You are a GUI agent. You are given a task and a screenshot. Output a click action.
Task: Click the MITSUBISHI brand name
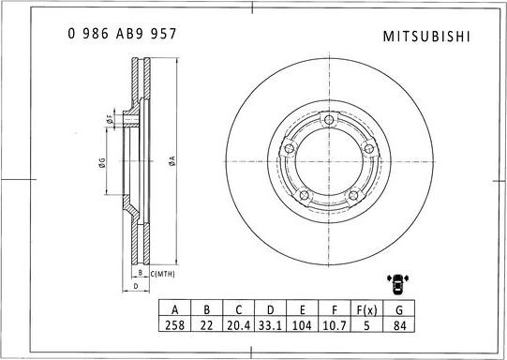(427, 36)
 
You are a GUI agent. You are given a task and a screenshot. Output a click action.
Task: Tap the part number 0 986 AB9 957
(122, 33)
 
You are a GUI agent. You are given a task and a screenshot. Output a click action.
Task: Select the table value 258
(173, 325)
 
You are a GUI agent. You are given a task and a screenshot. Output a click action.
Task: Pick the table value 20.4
(239, 325)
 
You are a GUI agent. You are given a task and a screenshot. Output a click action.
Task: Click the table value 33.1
(272, 325)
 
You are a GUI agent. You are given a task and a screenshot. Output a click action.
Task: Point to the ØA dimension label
(172, 160)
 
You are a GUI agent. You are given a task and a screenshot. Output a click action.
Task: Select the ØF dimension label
(110, 120)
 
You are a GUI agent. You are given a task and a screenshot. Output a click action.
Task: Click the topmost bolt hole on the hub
(330, 118)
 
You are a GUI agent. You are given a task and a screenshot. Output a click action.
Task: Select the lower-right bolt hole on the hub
(356, 195)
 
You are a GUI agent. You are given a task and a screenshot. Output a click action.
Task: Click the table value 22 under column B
(206, 325)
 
